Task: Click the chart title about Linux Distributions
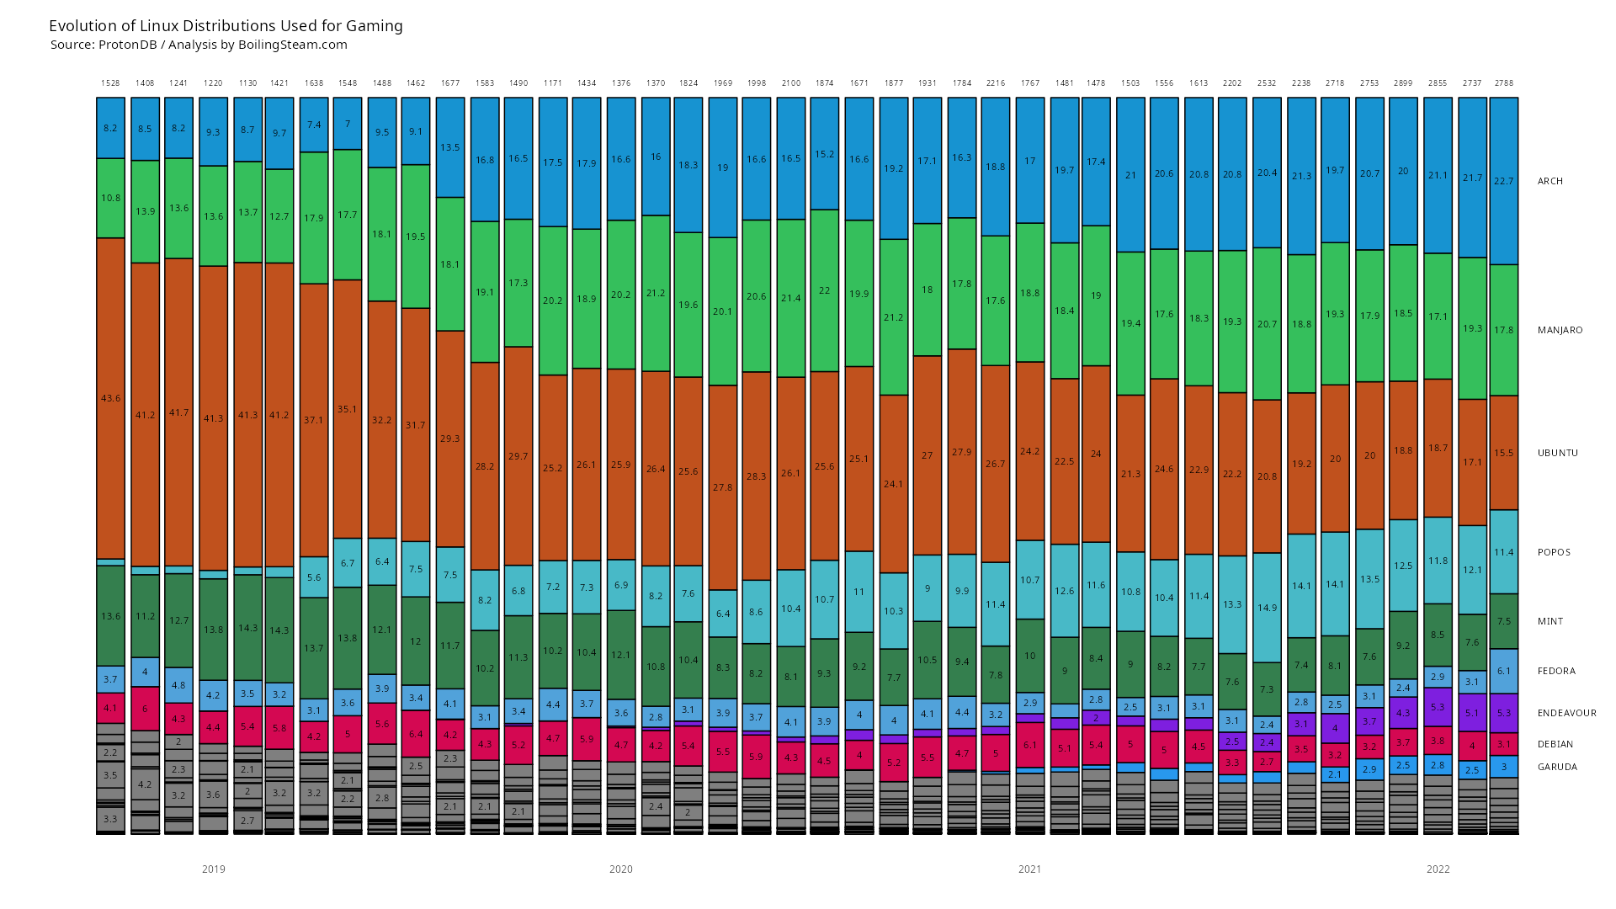(226, 26)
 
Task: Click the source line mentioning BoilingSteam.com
(199, 45)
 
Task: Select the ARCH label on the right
(1550, 181)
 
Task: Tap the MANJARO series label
(1560, 330)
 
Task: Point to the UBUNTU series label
(1557, 453)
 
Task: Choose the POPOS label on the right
(1554, 552)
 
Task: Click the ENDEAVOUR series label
(1566, 713)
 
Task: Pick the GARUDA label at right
(1557, 767)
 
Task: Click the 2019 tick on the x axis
(214, 869)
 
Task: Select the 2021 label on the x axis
(1029, 869)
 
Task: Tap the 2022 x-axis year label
(1438, 869)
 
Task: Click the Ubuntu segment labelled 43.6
(110, 398)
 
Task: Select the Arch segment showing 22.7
(1504, 181)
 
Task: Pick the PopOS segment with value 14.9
(1267, 608)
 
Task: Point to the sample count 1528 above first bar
(110, 83)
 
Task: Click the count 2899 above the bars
(1403, 83)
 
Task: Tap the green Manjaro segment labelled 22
(824, 290)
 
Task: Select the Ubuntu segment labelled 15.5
(1504, 453)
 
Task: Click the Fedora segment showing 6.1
(1504, 671)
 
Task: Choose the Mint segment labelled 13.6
(110, 616)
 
